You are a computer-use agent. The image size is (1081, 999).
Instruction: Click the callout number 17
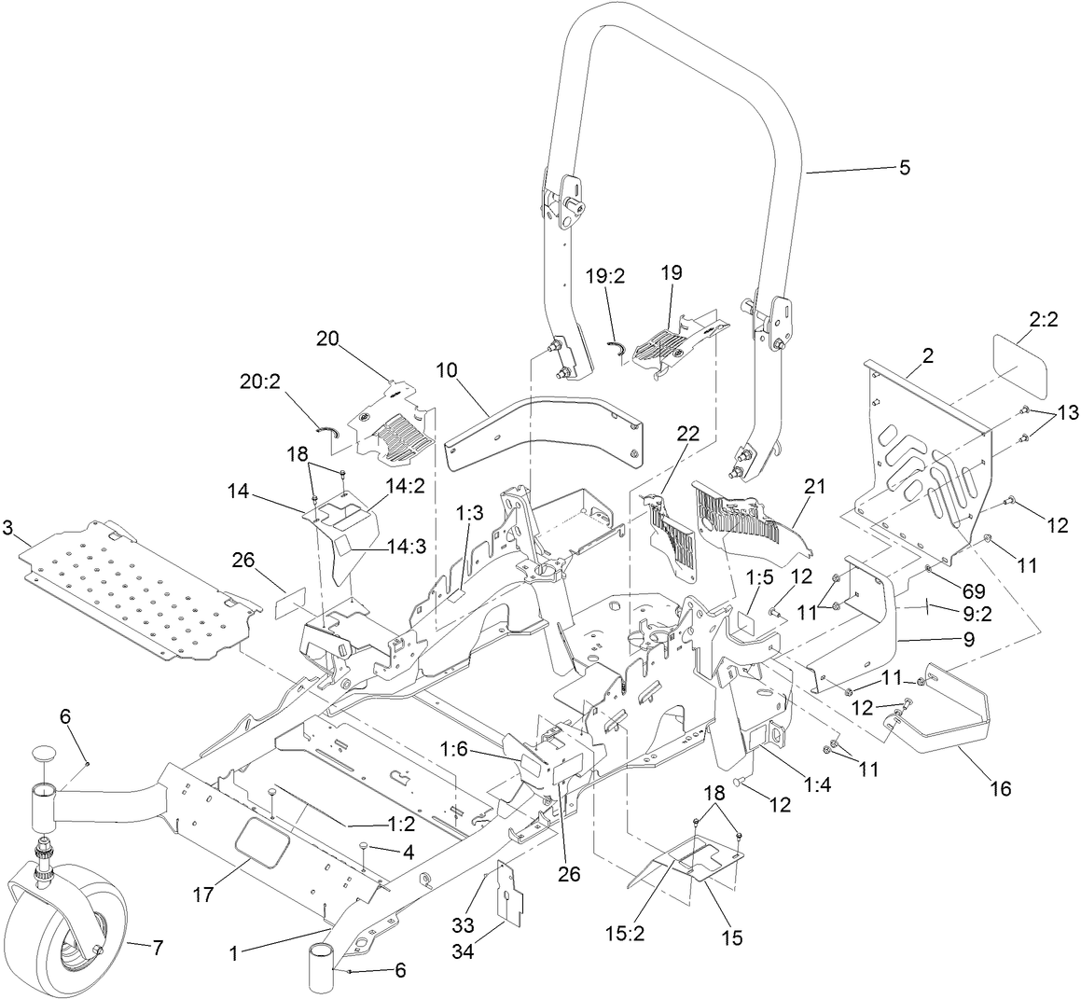tap(203, 894)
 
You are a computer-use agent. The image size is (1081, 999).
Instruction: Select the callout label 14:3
tap(403, 547)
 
